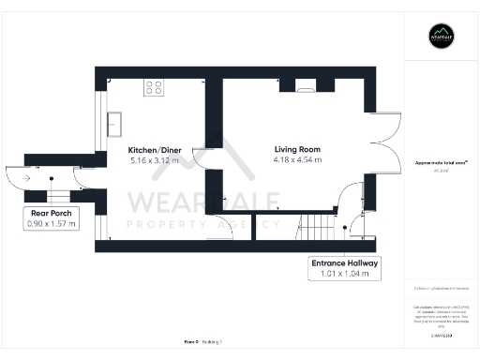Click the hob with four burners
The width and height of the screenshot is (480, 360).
click(153, 87)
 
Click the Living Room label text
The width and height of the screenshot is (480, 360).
click(297, 150)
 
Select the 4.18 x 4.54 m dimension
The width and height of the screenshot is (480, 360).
click(297, 160)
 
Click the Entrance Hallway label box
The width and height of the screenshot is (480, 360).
click(345, 270)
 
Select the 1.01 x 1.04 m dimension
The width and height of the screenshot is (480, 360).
click(345, 277)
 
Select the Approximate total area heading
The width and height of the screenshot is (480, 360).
click(441, 163)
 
